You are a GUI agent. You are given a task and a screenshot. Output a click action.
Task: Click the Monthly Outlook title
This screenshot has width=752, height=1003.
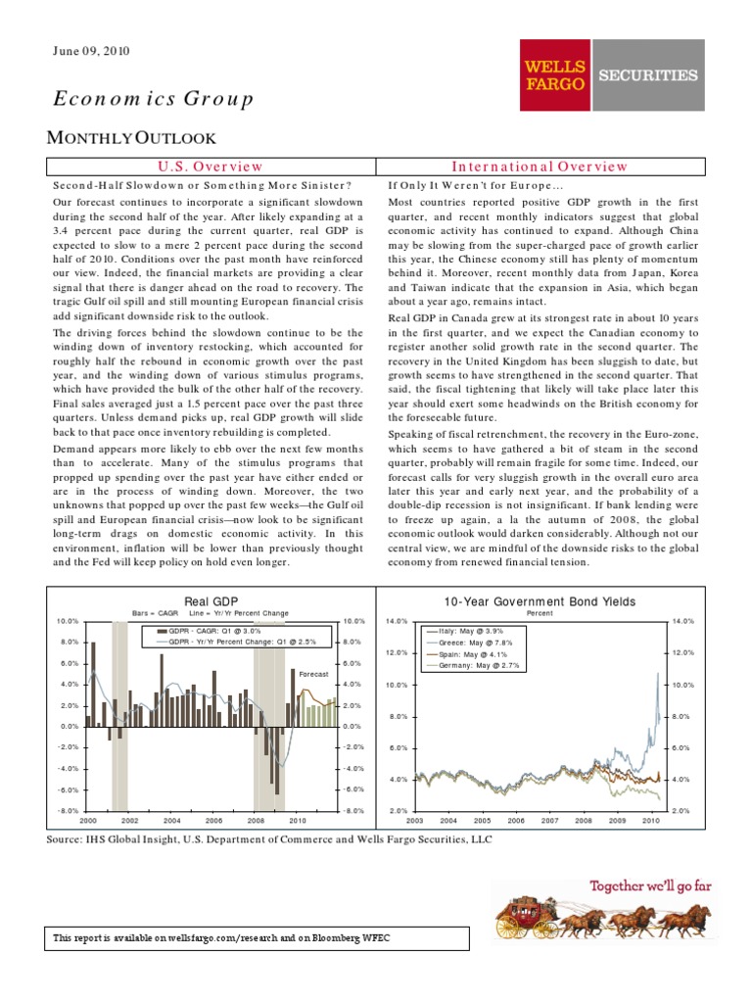pyautogui.click(x=132, y=139)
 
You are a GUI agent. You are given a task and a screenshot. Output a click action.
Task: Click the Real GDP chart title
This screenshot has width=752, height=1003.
pyautogui.click(x=211, y=600)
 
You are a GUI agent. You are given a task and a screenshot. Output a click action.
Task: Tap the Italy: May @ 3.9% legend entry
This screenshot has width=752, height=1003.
pyautogui.click(x=473, y=632)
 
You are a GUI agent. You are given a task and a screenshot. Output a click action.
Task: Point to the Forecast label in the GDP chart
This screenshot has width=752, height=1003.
pyautogui.click(x=311, y=674)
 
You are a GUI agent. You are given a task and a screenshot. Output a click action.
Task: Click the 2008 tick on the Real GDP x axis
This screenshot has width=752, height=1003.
pyautogui.click(x=256, y=820)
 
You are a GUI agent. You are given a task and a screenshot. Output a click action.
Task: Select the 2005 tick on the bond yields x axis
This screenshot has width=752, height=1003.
pyautogui.click(x=482, y=820)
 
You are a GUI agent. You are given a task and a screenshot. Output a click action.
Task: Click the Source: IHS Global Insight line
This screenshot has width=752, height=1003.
pyautogui.click(x=269, y=839)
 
